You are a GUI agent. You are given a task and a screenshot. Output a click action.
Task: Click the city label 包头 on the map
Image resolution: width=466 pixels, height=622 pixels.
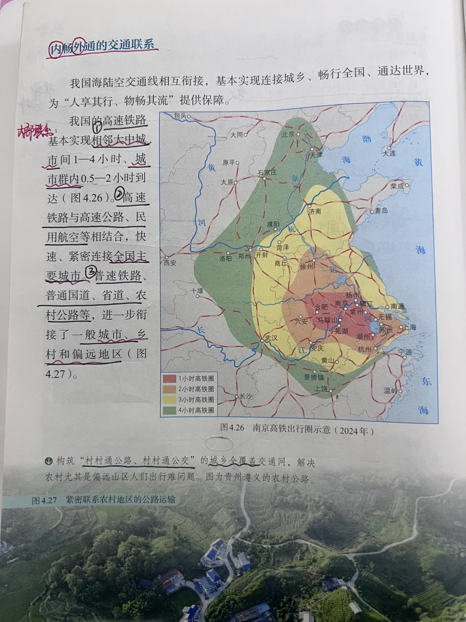click(179, 116)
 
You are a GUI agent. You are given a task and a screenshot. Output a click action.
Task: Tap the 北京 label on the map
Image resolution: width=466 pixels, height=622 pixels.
click(288, 134)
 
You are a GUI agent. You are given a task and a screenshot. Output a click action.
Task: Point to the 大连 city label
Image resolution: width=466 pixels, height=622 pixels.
click(389, 153)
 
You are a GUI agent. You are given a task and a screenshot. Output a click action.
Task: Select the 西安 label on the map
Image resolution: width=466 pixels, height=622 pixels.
click(170, 262)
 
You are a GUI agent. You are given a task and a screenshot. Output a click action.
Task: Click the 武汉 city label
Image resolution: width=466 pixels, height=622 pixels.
click(271, 338)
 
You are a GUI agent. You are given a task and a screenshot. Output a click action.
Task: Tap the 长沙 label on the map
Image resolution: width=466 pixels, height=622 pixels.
click(246, 396)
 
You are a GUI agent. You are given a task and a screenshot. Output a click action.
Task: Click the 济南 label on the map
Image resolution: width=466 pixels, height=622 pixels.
click(315, 211)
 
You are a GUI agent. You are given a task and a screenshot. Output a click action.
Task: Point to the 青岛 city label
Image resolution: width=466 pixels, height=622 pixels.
click(381, 210)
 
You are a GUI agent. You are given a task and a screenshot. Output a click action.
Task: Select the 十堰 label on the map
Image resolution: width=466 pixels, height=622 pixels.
click(197, 291)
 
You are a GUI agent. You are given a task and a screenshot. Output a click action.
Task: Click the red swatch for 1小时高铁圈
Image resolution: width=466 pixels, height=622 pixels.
click(170, 378)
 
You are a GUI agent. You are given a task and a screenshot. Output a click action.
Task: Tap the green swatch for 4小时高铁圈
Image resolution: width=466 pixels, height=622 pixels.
click(170, 410)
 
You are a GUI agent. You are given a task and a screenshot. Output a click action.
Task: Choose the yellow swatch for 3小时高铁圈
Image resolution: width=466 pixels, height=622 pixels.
click(170, 400)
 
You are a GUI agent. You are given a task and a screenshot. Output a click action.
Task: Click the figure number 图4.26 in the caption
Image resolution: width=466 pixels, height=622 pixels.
click(232, 428)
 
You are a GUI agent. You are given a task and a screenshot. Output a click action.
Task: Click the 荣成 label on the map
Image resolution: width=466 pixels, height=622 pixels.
click(397, 186)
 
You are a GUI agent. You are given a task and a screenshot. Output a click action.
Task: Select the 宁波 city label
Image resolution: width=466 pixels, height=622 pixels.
click(405, 352)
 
